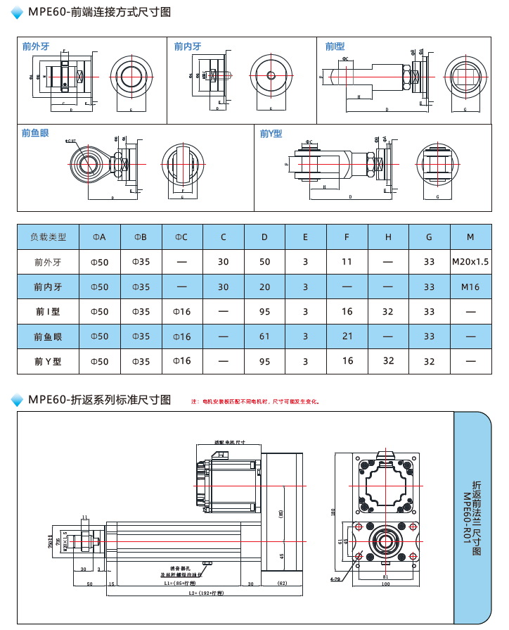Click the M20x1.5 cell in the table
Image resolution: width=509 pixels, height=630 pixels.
(470, 262)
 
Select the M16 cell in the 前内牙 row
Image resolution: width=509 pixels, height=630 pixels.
(470, 287)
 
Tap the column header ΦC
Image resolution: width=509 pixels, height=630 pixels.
(181, 237)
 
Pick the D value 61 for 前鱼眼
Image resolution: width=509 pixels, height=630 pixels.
(264, 336)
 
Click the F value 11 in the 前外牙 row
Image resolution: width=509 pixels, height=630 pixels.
(347, 262)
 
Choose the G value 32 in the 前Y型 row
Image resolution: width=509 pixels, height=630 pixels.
(429, 362)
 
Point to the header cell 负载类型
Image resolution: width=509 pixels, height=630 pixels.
(48, 237)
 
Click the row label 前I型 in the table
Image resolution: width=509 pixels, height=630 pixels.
(48, 312)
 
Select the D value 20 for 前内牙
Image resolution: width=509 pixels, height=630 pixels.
(264, 287)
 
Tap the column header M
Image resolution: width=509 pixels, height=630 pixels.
(470, 237)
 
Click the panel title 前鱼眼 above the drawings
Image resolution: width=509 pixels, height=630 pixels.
(35, 132)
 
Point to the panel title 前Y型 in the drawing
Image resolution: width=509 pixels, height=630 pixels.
(271, 133)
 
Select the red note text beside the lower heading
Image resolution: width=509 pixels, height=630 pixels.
(256, 402)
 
